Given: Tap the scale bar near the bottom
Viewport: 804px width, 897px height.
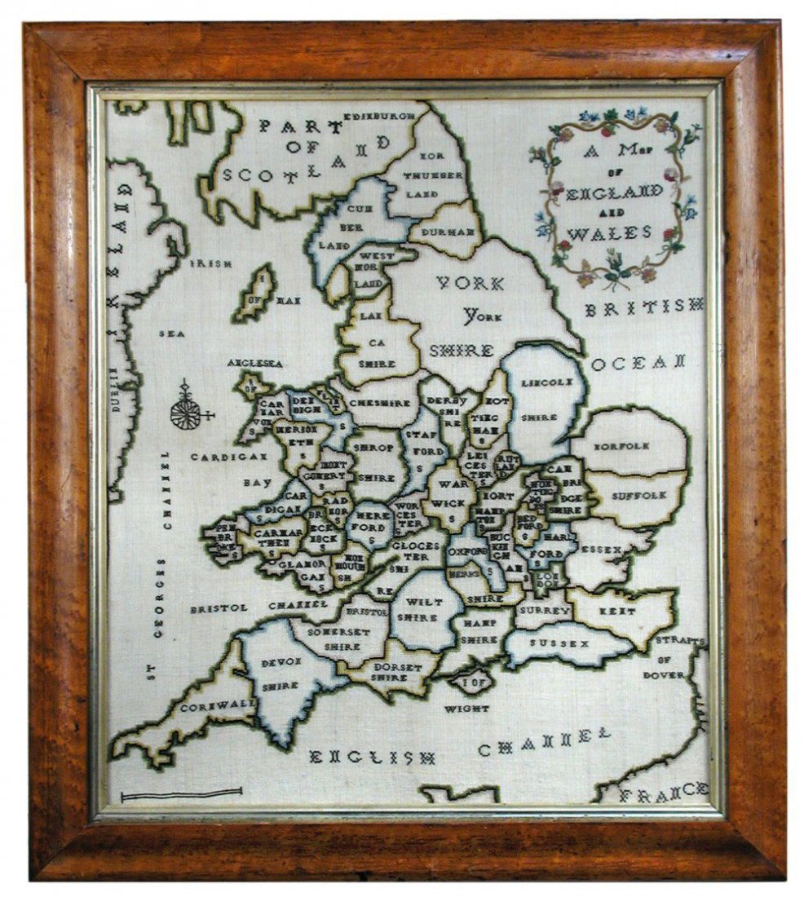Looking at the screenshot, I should coord(181,793).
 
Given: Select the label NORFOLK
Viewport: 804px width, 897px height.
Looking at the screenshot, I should coord(621,446).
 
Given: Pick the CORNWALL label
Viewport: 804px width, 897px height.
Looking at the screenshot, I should coord(207,707).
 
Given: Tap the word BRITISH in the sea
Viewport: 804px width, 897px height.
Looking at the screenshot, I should coord(643,307).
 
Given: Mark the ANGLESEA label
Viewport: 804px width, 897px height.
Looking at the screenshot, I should coord(255,363).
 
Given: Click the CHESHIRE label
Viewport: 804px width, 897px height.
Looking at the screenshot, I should coord(379,403).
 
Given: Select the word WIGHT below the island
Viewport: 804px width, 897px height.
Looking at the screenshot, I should coord(466,709).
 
